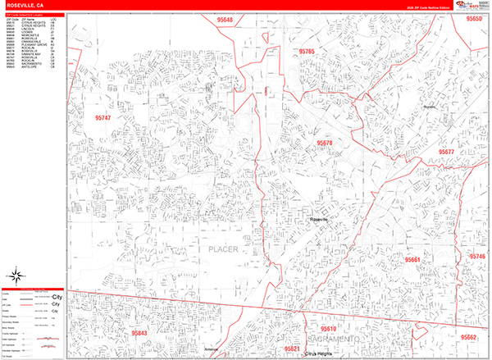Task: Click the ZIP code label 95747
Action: pos(97,117)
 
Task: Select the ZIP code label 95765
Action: pos(307,51)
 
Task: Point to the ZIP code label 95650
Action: pos(474,18)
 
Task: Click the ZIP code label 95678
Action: pos(324,144)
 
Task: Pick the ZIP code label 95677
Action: pos(469,153)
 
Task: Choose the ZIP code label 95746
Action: pos(477,257)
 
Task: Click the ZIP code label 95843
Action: pos(139,333)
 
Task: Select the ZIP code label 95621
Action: pos(292,349)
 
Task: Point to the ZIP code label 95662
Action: pos(468,337)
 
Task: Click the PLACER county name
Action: pos(222,248)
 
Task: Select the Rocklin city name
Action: pos(430,107)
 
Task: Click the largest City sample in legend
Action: pos(57,297)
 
